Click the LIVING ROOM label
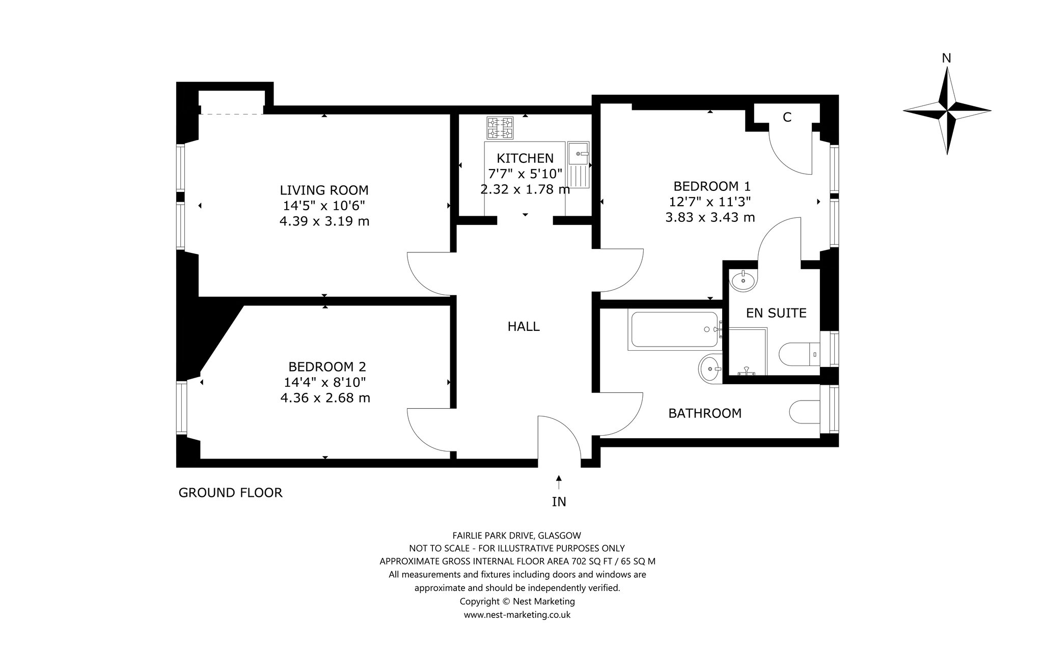point(324,190)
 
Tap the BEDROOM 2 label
point(327,366)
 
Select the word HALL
point(524,326)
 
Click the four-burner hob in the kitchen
point(500,128)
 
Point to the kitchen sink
point(579,164)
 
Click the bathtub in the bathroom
point(675,330)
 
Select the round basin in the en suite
point(744,280)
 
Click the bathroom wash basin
point(710,367)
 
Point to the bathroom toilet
point(805,412)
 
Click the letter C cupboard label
point(787,117)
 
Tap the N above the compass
point(946,59)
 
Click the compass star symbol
point(947,110)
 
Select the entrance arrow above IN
point(559,482)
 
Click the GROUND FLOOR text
point(230,493)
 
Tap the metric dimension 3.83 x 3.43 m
point(710,217)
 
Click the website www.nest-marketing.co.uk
point(517,615)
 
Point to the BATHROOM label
point(705,413)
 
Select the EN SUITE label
point(776,313)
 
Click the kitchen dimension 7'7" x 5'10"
point(525,174)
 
